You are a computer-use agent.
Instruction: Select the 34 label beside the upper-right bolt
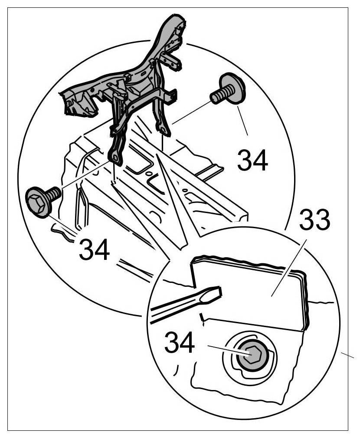coord(252,161)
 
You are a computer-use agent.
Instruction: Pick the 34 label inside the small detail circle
coord(180,344)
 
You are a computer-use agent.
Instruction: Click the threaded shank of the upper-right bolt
coord(217,96)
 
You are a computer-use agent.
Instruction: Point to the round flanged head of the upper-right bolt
coord(232,89)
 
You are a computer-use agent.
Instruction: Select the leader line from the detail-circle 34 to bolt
coord(228,351)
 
